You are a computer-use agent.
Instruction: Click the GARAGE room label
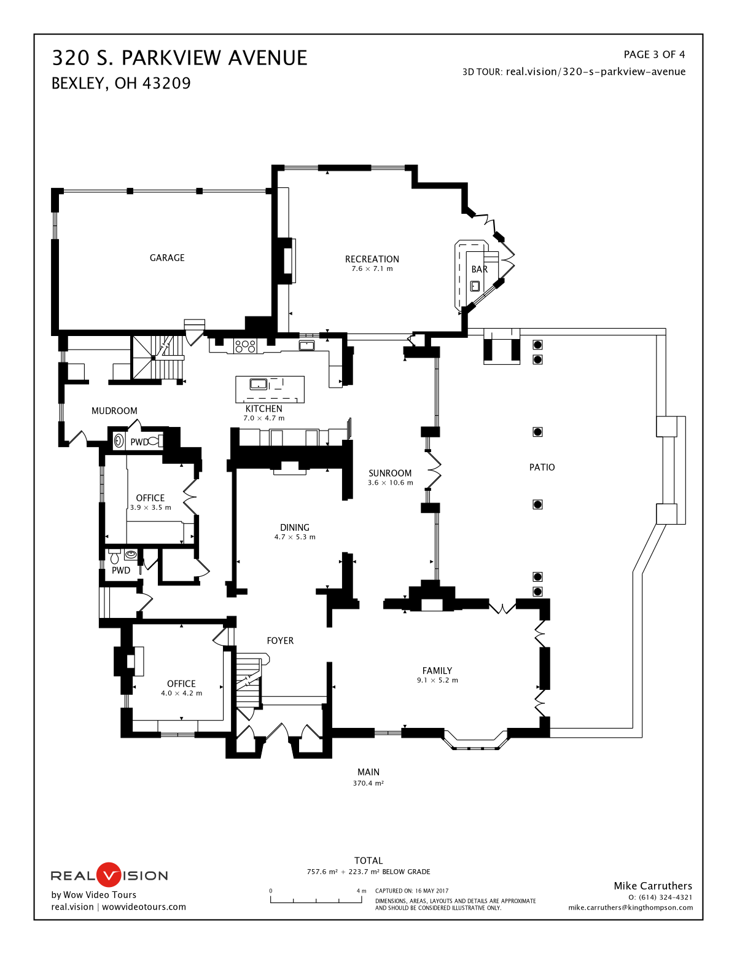point(167,258)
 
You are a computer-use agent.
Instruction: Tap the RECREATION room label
point(372,259)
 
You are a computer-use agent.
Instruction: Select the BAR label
point(479,269)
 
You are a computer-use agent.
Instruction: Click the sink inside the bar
point(475,286)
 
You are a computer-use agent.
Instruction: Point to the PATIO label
point(542,467)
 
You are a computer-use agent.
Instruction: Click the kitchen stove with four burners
point(246,346)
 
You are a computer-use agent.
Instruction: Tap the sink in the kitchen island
point(259,385)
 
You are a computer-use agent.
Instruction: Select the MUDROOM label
point(114,411)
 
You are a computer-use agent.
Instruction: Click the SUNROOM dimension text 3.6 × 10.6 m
point(390,483)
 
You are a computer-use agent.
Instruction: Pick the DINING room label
point(295,528)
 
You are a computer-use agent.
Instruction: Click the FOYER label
point(280,641)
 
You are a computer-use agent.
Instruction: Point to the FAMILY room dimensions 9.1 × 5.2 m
point(437,681)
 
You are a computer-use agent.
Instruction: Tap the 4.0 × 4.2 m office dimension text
point(181,694)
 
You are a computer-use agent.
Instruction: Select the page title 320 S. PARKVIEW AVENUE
point(179,58)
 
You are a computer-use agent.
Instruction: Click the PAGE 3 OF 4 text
point(654,55)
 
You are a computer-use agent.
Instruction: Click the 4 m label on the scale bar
point(361,891)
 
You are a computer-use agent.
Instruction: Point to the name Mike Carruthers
point(653,886)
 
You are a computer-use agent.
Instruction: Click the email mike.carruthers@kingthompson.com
point(630,907)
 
